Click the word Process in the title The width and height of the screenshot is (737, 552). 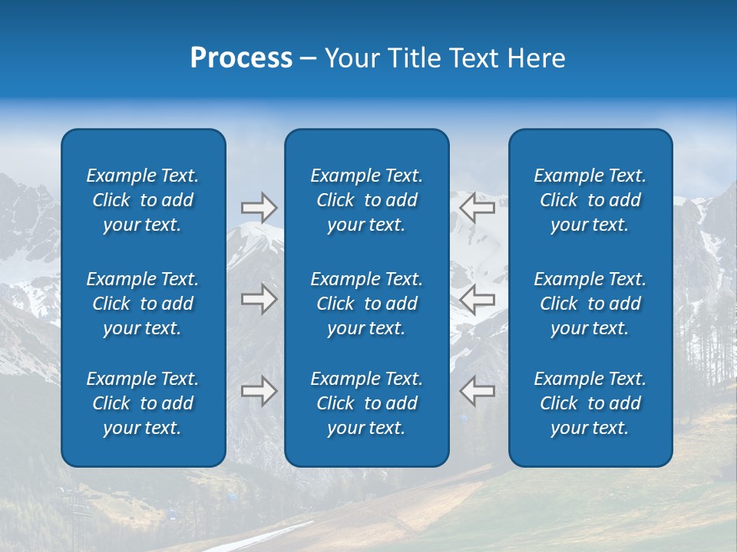[x=241, y=58]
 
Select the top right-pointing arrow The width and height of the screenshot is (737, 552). [x=259, y=208]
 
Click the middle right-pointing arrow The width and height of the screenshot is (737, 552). [x=259, y=298]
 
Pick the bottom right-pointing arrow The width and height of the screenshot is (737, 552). [x=259, y=391]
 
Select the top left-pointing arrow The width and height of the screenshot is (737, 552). [x=477, y=208]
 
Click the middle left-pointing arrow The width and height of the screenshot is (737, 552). [x=477, y=298]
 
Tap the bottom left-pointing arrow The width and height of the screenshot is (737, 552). [x=477, y=391]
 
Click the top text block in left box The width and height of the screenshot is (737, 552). [x=143, y=200]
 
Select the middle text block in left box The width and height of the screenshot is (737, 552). [x=143, y=304]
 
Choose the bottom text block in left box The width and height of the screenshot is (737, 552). [x=143, y=403]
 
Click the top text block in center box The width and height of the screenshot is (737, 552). [x=366, y=200]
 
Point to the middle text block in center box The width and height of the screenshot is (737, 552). [x=366, y=304]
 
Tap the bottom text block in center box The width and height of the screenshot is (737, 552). [x=366, y=403]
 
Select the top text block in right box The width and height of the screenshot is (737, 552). [x=590, y=200]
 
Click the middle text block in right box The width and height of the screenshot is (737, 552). [x=590, y=304]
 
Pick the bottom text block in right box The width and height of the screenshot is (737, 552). [x=590, y=403]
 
